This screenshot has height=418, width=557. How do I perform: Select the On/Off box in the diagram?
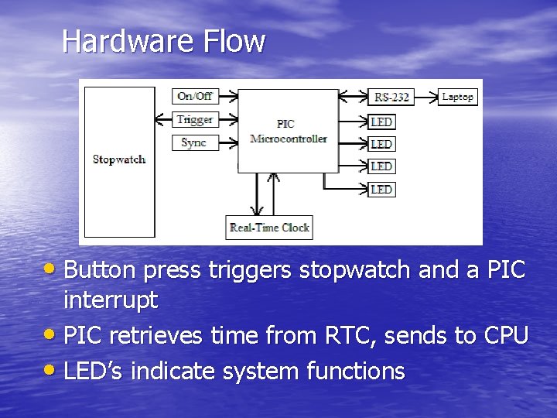(x=194, y=96)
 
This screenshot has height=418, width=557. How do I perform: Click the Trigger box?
(x=194, y=119)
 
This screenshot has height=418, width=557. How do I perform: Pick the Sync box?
(x=194, y=142)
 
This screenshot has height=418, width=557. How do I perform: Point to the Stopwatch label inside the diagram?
(x=119, y=159)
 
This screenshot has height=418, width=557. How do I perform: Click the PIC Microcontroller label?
(x=289, y=131)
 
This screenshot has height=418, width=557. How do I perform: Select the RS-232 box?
(x=392, y=97)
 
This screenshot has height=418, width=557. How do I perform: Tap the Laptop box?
(x=457, y=97)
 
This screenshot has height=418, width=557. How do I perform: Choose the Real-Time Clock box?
(x=268, y=228)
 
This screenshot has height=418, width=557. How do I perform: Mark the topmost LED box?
(x=381, y=122)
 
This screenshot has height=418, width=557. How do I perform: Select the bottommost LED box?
(x=381, y=189)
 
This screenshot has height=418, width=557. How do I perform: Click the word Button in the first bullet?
(x=100, y=271)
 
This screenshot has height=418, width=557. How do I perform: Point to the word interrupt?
(x=111, y=299)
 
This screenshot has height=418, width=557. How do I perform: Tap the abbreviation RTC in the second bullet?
(x=324, y=336)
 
